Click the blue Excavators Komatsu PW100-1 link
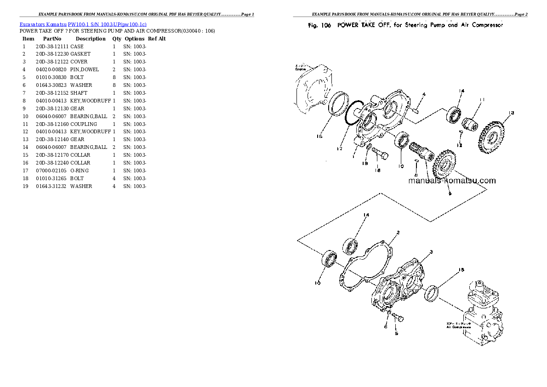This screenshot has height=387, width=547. point(83,24)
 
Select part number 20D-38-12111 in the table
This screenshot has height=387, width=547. point(52,46)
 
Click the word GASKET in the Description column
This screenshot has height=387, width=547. point(80,54)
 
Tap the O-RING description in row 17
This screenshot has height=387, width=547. point(80,171)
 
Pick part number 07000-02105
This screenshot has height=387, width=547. point(52,171)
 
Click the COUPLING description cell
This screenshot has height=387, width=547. point(84,124)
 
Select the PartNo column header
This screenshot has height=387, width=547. point(52,39)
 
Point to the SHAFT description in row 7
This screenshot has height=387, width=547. point(79,93)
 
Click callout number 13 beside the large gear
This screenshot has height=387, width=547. point(511,113)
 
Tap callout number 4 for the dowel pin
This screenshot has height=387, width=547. point(424,95)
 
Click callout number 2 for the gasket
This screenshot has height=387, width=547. point(398,232)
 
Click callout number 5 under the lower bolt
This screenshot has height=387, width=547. point(396,334)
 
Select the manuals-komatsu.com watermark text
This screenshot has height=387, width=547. point(452,181)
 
